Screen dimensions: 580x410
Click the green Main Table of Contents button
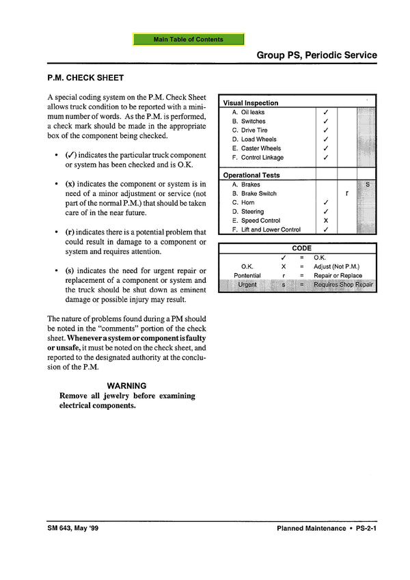[189, 40]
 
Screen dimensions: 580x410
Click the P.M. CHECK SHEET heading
[85, 78]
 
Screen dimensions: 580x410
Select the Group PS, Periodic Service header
[316, 55]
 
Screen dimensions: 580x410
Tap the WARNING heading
[126, 385]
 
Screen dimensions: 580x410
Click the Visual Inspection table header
[251, 103]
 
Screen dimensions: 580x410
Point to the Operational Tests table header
[251, 176]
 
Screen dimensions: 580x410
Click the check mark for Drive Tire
[326, 130]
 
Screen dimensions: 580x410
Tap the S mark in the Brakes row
[368, 184]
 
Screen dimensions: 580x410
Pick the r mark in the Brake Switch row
[347, 193]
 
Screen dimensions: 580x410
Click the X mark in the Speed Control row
[326, 221]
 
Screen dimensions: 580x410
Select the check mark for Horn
[326, 203]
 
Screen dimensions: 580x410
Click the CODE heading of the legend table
[301, 248]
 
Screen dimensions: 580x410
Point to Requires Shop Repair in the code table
[343, 284]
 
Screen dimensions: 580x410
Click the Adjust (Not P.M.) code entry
[336, 266]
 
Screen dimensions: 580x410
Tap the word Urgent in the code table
[247, 284]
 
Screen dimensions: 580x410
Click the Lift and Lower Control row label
[271, 230]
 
